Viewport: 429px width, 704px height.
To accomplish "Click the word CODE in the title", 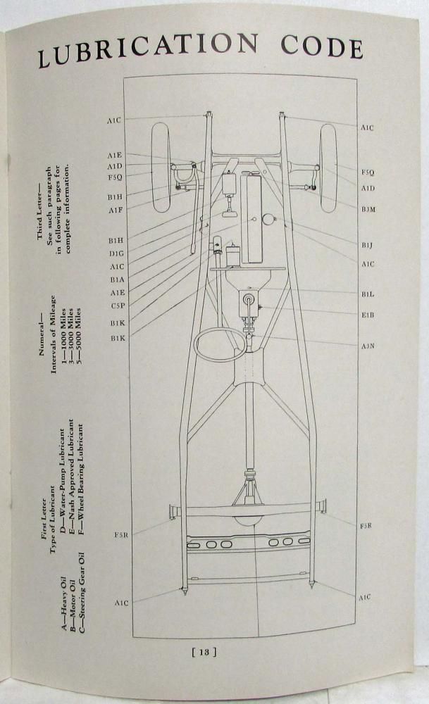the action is coord(322,46).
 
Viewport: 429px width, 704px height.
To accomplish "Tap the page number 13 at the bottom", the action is coord(204,652).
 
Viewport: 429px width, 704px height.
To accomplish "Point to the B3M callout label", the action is coord(368,209).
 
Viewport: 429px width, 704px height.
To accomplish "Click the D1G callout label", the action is coord(116,253).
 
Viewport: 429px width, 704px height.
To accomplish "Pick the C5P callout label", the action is coord(118,306).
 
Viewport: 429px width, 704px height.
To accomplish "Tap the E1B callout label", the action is coord(368,315).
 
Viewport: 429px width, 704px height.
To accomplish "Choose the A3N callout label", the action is coord(368,346).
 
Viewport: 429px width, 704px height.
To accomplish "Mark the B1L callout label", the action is coord(368,294).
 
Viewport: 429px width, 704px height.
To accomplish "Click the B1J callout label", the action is coord(367,245).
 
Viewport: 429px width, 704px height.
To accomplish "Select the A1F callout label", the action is coord(115,210).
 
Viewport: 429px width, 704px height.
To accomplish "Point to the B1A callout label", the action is coord(117,279).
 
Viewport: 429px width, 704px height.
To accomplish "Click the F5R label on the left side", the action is coord(121,535).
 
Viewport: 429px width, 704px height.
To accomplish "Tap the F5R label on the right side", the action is coord(366,525).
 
